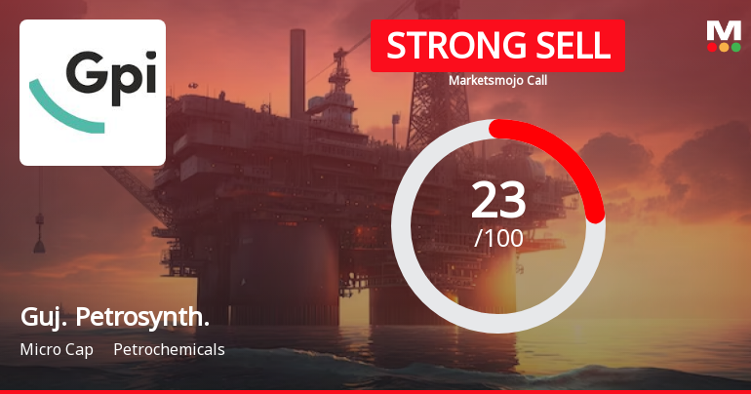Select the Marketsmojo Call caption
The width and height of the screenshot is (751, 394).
(497, 81)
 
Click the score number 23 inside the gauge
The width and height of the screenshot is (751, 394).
(498, 200)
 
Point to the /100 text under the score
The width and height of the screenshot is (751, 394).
(498, 237)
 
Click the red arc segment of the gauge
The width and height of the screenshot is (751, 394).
(570, 156)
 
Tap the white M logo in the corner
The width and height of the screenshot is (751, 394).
(724, 30)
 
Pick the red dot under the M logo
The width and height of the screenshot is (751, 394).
(712, 47)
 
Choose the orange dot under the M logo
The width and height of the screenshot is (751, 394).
(724, 47)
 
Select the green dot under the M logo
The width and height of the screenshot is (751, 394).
(735, 47)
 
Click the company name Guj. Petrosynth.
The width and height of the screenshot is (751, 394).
(114, 317)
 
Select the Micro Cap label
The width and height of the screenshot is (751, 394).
(57, 349)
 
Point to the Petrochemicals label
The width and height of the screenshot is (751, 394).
(169, 349)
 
